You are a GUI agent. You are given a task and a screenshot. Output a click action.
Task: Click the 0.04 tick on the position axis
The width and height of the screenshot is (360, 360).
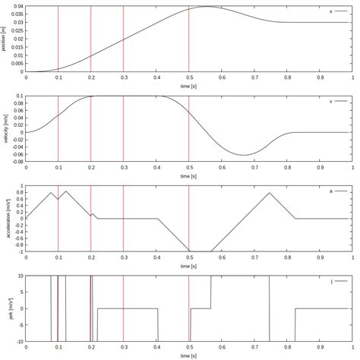pos(17,6)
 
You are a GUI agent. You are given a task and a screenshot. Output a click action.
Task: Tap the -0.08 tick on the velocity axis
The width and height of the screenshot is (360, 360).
pos(16,161)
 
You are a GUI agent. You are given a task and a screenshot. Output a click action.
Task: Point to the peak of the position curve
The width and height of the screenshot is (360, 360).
pos(208,7)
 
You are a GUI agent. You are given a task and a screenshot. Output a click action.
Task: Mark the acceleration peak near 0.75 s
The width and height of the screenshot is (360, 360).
pos(269,192)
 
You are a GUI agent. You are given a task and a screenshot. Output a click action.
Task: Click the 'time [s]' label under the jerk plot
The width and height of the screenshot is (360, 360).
pos(188,355)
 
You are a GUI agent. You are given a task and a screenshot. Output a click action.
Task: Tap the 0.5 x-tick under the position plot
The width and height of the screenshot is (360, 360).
pos(188,77)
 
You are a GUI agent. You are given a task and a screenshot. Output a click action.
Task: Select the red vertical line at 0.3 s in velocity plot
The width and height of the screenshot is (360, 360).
pos(123,129)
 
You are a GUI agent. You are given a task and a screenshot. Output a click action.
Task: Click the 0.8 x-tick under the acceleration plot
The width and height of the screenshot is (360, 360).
pos(286,257)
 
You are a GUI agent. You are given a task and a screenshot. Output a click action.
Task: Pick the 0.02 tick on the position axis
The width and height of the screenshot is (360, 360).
pos(17,39)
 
